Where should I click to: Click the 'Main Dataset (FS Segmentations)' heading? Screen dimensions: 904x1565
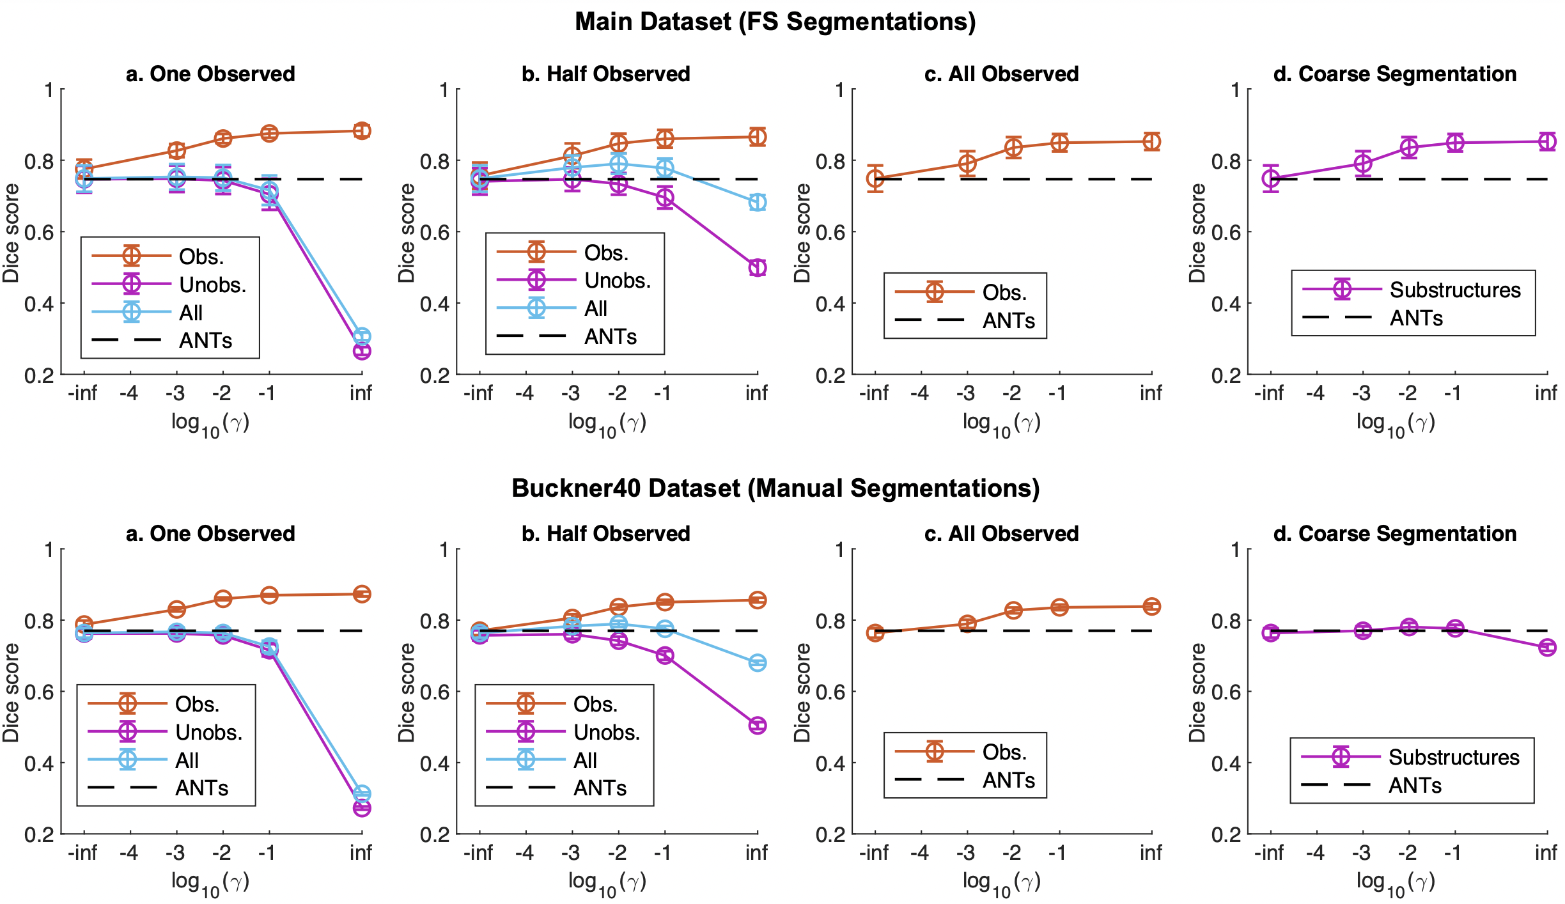click(775, 22)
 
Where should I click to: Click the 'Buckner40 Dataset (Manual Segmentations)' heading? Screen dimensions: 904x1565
click(775, 488)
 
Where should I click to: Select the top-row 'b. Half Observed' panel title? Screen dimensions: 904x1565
click(605, 74)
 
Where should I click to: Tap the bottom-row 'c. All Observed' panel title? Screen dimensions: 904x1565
click(1001, 533)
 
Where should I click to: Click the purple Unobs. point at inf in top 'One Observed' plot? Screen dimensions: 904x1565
click(362, 351)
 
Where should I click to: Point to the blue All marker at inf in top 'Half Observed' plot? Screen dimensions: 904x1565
click(758, 203)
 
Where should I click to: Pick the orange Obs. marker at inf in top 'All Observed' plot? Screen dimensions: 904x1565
click(1152, 141)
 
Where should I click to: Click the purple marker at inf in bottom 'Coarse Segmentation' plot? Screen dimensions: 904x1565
click(1547, 648)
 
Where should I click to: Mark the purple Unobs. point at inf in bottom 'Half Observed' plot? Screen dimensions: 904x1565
click(758, 725)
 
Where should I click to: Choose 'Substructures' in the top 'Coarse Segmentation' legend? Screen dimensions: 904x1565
click(1455, 290)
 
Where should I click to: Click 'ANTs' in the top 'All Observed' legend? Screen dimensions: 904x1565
click(1008, 320)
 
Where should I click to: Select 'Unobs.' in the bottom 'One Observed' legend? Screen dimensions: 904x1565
click(208, 732)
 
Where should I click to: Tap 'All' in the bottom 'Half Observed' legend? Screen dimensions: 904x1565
click(585, 760)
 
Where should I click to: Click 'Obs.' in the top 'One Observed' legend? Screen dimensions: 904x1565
click(201, 256)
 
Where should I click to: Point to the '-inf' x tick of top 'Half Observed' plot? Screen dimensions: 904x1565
click(478, 393)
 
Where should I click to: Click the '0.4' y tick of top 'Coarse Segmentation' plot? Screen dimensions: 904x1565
click(1226, 304)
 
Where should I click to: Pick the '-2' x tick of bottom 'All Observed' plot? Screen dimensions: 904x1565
click(1011, 853)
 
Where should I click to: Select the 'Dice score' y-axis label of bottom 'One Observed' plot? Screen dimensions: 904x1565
click(12, 692)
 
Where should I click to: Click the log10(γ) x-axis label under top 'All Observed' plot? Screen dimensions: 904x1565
click(1001, 423)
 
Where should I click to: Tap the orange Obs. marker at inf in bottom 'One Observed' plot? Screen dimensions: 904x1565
click(362, 594)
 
